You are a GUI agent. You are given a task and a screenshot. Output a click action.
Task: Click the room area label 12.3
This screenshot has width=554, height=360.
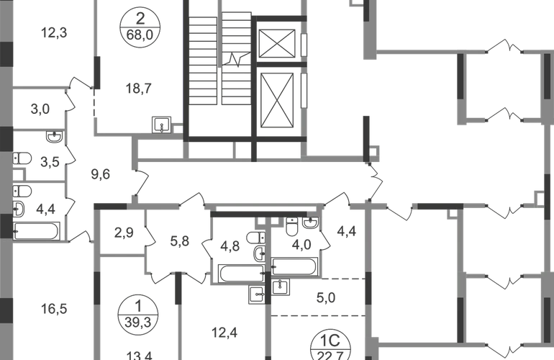(55, 32)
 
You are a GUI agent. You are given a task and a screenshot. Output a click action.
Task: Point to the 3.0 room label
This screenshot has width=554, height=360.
(40, 109)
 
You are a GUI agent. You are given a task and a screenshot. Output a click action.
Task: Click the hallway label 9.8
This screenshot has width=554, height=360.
(101, 173)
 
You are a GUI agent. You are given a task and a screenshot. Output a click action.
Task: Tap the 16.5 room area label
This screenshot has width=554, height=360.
(55, 309)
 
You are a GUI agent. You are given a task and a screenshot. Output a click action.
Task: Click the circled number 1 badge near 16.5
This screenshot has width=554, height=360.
(137, 312)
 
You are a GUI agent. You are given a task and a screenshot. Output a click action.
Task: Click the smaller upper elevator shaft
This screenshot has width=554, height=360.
(276, 44)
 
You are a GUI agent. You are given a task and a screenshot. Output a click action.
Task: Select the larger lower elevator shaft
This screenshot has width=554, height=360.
(276, 100)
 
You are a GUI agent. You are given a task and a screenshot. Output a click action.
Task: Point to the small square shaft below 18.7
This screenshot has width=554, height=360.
(163, 124)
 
